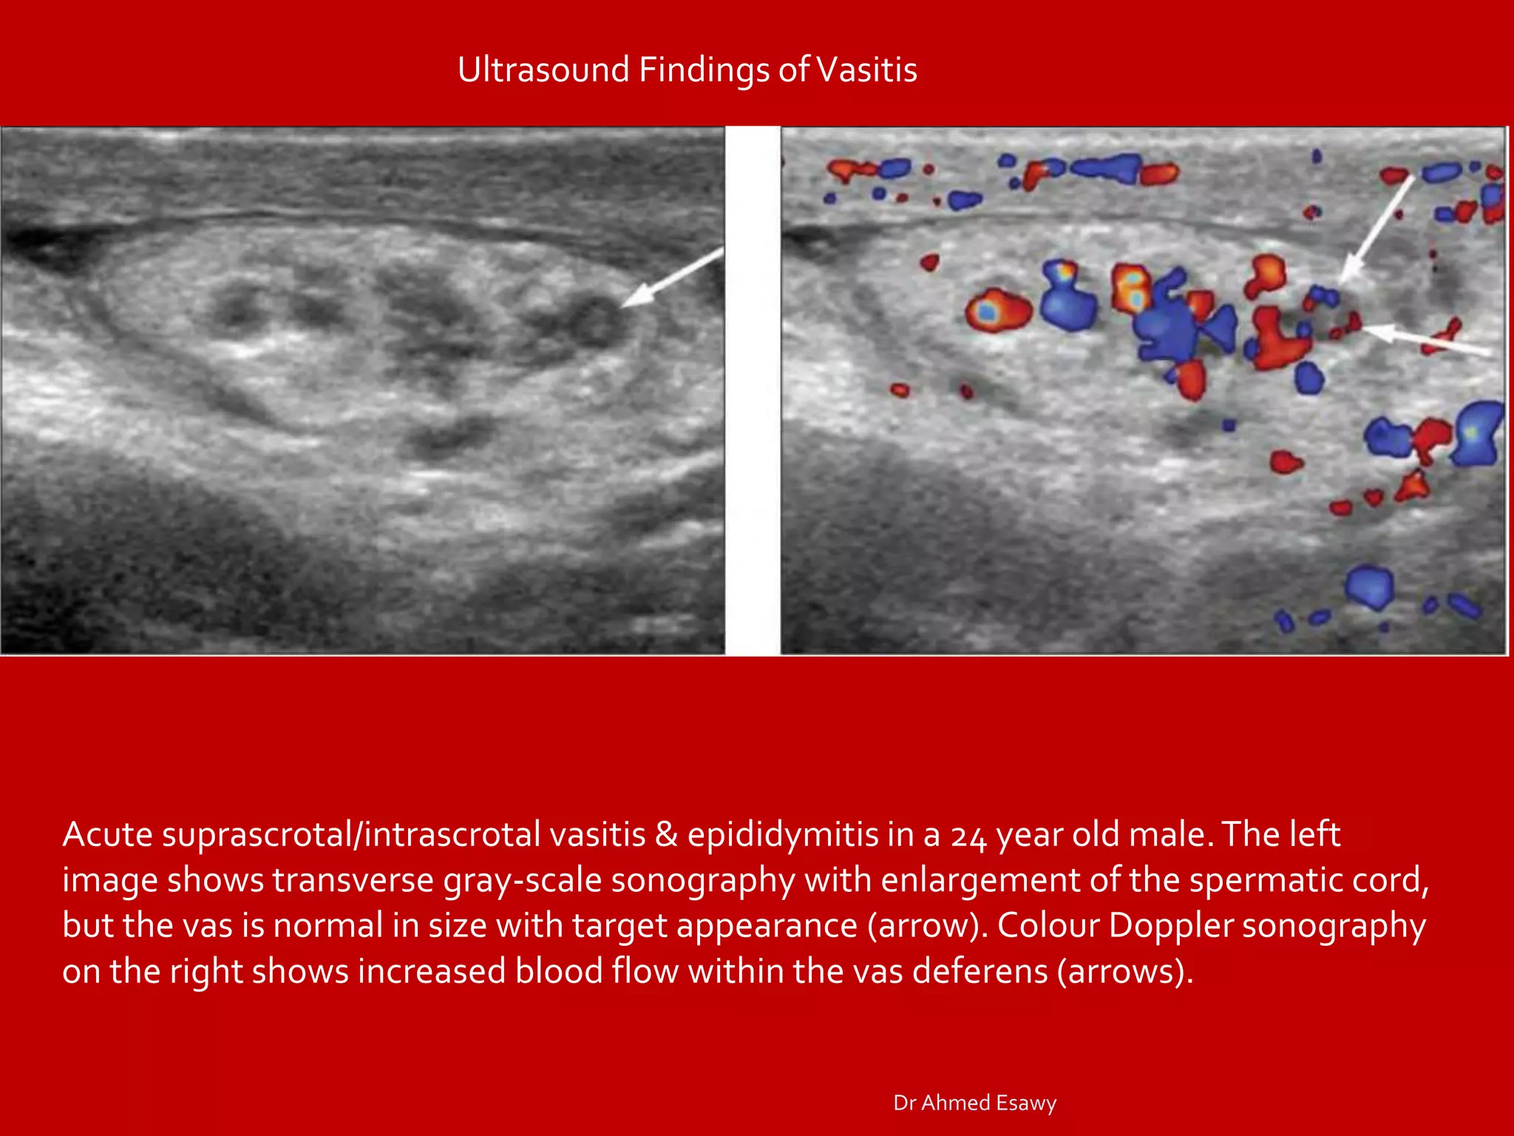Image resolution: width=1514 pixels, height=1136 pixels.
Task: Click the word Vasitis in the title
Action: [x=867, y=70]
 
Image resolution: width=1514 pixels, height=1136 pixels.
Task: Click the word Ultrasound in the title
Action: [x=543, y=70]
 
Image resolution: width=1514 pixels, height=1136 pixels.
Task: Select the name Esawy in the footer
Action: [x=1026, y=1103]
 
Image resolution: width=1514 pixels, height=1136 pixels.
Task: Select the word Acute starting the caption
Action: [x=107, y=834]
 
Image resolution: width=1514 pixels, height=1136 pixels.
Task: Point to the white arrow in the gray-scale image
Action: [x=671, y=278]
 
